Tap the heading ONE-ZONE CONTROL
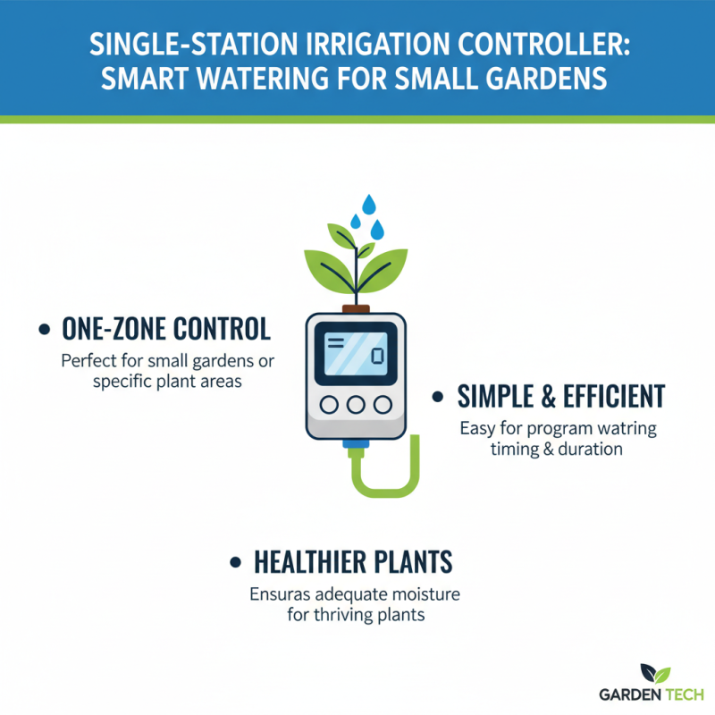(165, 329)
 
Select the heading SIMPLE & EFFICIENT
(561, 396)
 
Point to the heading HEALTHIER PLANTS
(353, 562)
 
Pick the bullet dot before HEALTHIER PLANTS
(236, 563)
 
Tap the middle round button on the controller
(355, 404)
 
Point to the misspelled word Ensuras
(277, 594)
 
